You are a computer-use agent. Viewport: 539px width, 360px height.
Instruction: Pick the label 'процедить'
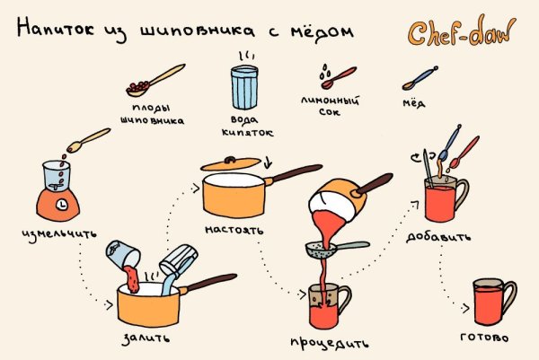(329, 343)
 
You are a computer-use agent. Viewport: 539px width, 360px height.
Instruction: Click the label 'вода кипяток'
(246, 126)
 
